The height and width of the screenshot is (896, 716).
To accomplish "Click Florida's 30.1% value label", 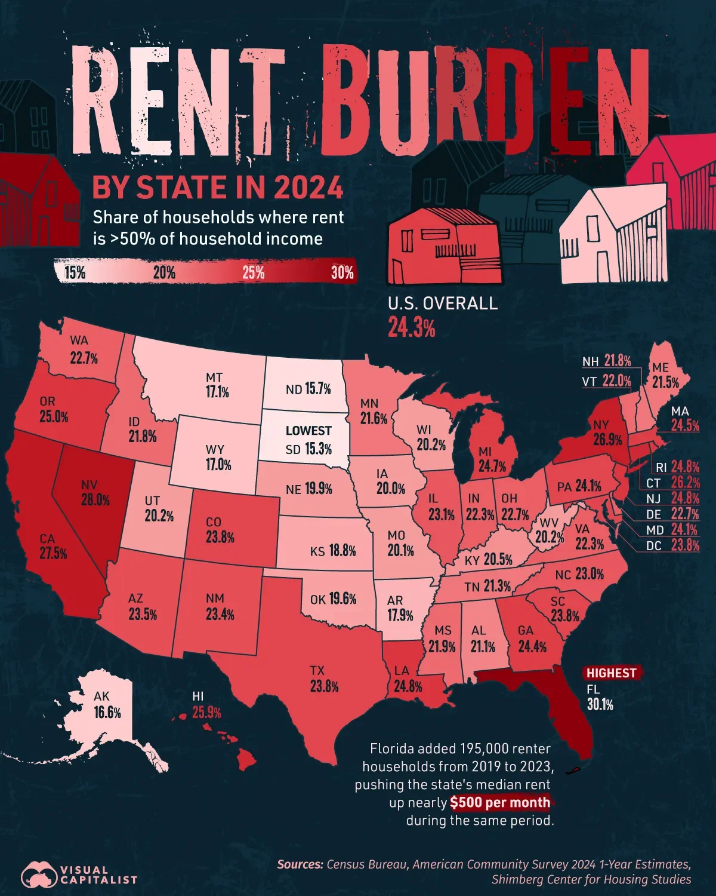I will [x=600, y=705].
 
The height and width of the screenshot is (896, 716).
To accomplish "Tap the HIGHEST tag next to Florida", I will [x=611, y=673].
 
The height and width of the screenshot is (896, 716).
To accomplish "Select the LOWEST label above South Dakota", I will [x=308, y=431].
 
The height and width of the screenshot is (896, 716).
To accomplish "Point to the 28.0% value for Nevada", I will [x=95, y=500].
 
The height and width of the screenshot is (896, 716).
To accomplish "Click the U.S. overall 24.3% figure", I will [x=411, y=328].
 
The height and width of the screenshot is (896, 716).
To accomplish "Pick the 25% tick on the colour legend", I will [x=254, y=273].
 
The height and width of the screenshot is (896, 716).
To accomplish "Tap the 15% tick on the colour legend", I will [x=75, y=273].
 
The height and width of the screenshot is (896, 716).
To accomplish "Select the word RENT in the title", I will [x=179, y=102].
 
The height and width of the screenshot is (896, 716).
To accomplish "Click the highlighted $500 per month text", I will [x=500, y=802].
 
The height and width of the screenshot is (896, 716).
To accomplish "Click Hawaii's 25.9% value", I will [x=206, y=712].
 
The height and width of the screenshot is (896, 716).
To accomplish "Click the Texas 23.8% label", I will [x=324, y=686].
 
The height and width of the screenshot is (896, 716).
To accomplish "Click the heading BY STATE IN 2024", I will [x=218, y=188].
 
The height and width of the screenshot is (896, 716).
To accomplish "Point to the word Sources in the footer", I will [x=300, y=864].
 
